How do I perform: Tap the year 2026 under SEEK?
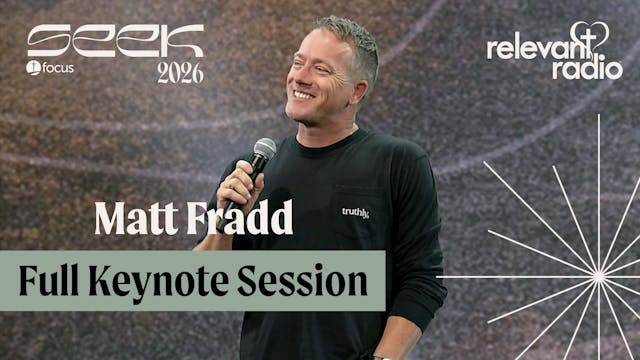[180, 72]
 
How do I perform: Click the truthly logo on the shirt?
[356, 212]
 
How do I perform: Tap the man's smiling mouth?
[302, 96]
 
